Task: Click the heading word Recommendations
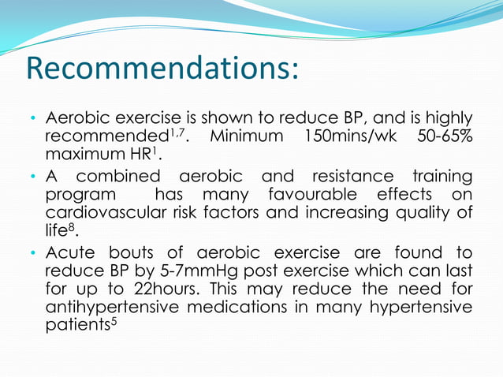(x=162, y=69)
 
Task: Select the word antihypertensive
(x=117, y=308)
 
